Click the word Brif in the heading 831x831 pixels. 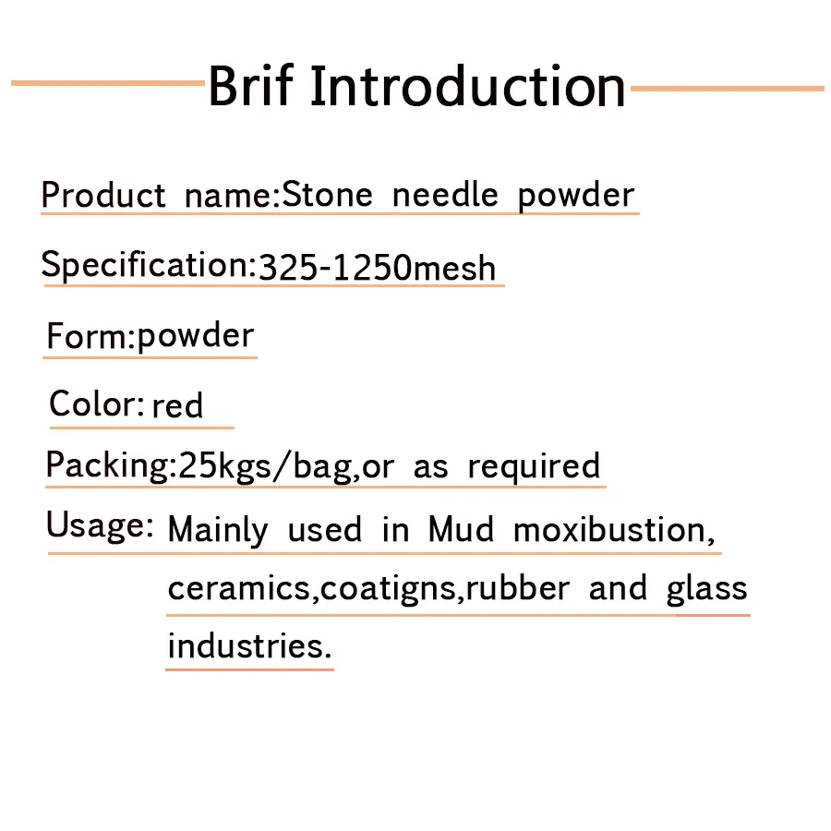pyautogui.click(x=250, y=85)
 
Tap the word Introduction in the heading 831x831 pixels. pyautogui.click(x=468, y=85)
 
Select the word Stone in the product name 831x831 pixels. pyautogui.click(x=328, y=194)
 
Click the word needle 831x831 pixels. pyautogui.click(x=445, y=194)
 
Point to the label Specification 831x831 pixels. pyautogui.click(x=145, y=264)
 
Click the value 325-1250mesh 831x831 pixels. pyautogui.click(x=377, y=267)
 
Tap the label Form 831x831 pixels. pyautogui.click(x=87, y=335)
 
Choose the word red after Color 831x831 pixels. pyautogui.click(x=177, y=406)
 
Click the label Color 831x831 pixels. pyautogui.click(x=93, y=403)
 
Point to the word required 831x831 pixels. pyautogui.click(x=534, y=467)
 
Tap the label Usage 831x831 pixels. pyautogui.click(x=96, y=525)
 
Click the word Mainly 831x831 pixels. pyautogui.click(x=218, y=529)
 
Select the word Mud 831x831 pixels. pyautogui.click(x=461, y=529)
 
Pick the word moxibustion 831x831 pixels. pyautogui.click(x=609, y=529)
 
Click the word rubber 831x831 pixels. pyautogui.click(x=518, y=587)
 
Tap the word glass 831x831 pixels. pyautogui.click(x=707, y=589)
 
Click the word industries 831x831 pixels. pyautogui.click(x=246, y=645)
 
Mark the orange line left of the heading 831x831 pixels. pyautogui.click(x=108, y=83)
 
